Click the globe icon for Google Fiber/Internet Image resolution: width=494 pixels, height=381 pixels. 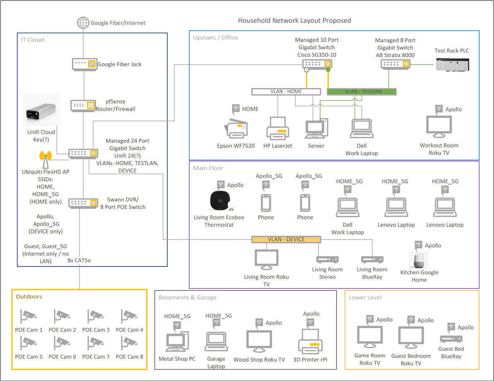[83, 23]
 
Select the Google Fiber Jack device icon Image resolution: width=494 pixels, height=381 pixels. [84, 64]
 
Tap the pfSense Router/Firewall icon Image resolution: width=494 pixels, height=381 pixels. [83, 105]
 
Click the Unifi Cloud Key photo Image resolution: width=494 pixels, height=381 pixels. [41, 110]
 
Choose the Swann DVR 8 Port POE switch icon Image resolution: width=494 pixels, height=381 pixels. [83, 203]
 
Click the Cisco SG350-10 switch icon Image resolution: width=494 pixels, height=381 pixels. [318, 64]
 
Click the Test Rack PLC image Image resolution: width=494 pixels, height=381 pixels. [453, 64]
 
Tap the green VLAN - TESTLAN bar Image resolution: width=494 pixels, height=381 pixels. [361, 91]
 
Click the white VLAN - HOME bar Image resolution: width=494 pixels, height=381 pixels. [286, 91]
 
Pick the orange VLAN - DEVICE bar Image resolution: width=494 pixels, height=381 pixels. [286, 239]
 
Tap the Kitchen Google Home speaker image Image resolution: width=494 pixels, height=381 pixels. [419, 260]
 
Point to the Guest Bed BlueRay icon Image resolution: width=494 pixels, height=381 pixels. [451, 339]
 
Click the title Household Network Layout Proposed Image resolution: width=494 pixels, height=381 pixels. [294, 21]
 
